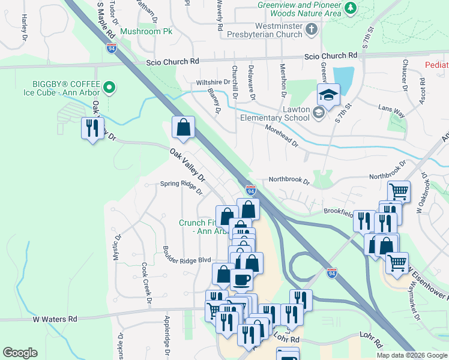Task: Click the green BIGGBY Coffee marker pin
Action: (109, 88)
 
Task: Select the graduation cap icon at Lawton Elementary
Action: (328, 95)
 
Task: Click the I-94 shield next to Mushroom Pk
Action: (112, 48)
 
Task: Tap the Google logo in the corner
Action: (20, 353)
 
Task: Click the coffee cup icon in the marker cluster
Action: (241, 279)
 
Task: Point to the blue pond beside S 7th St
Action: (343, 77)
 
